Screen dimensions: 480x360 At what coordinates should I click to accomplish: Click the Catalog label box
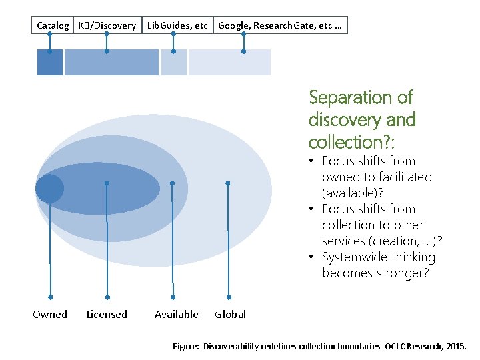[53, 25]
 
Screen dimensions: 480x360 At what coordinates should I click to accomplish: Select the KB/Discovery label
[107, 25]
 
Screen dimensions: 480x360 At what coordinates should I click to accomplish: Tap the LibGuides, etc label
[177, 25]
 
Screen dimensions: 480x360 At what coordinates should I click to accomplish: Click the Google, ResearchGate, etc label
[280, 25]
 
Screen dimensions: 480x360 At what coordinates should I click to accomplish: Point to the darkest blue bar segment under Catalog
[49, 62]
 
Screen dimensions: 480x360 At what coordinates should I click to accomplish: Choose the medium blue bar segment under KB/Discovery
[111, 62]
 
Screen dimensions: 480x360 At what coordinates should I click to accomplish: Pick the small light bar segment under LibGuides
[173, 62]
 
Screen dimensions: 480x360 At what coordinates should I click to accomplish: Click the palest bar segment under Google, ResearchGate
[229, 62]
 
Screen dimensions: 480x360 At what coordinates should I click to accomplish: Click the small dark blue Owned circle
[49, 189]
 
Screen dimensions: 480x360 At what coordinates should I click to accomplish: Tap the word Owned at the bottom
[50, 314]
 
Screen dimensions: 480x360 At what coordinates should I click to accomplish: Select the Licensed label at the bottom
[107, 314]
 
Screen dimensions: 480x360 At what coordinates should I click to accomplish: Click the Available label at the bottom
[177, 314]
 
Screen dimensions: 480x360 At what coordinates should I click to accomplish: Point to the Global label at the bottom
[230, 314]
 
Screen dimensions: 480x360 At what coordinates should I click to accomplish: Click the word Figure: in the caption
[186, 347]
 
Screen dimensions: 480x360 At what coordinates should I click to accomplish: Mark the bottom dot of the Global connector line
[229, 297]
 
